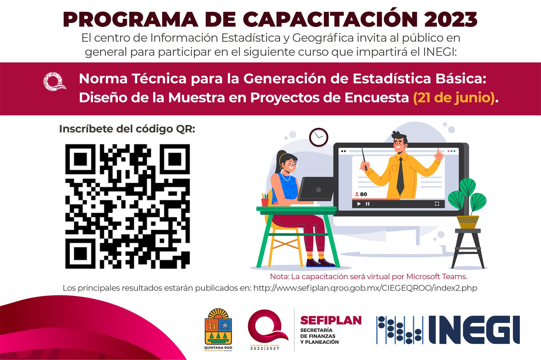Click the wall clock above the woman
[x=319, y=137]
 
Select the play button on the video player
[x=359, y=204]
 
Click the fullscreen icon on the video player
[x=437, y=204]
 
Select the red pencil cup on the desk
[x=265, y=202]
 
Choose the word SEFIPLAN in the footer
[x=331, y=320]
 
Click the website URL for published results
[x=365, y=288]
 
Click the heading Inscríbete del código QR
[x=127, y=129]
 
